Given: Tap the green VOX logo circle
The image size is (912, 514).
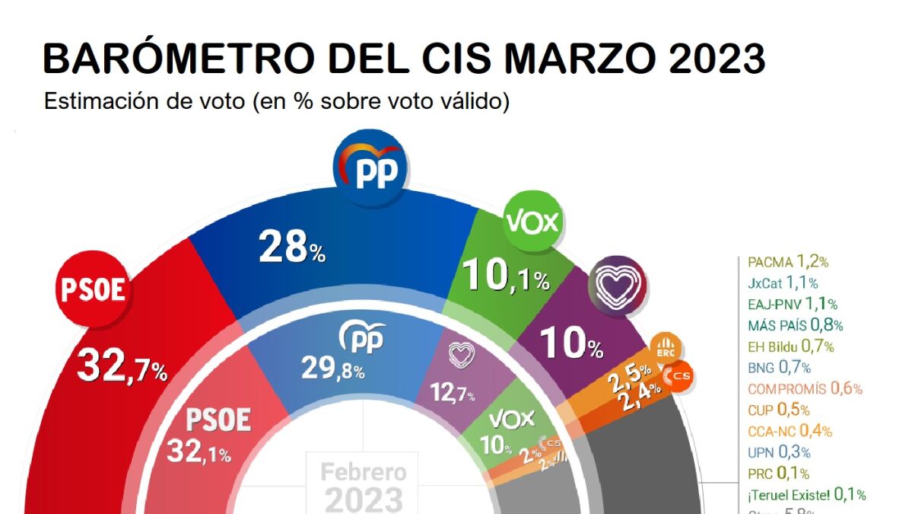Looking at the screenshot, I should click(x=532, y=222).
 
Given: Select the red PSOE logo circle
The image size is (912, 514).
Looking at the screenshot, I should click(x=93, y=290).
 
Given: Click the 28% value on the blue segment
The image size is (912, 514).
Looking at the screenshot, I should click(x=292, y=247).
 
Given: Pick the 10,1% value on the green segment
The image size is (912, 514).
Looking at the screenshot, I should click(x=507, y=277).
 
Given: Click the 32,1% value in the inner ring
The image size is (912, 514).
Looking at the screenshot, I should click(x=199, y=454).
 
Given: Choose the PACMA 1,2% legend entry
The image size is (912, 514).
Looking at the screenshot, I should click(x=788, y=262).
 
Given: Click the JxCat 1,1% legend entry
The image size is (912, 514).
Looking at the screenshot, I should click(x=783, y=283).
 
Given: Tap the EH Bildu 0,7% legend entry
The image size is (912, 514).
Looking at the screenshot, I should click(x=791, y=346).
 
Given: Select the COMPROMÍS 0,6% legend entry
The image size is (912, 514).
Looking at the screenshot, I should click(x=805, y=388).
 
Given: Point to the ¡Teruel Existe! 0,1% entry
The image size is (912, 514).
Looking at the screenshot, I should click(x=806, y=494).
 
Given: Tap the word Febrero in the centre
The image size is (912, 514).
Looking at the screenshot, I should click(x=363, y=472).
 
